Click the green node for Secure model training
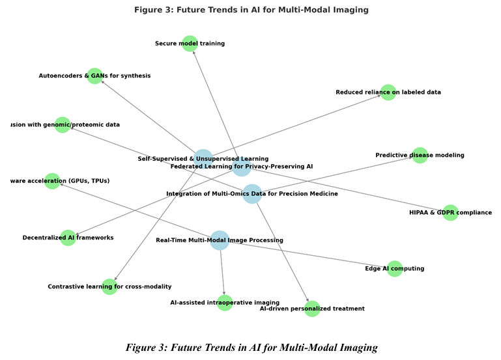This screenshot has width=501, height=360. [190, 44]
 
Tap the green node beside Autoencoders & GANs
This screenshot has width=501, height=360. [95, 76]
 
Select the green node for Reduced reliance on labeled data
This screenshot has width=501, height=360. [388, 92]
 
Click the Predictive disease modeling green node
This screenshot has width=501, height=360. [420, 156]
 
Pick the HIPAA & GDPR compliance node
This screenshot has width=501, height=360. [451, 213]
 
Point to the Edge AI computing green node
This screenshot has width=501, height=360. [395, 269]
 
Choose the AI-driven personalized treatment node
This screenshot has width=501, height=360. [312, 309]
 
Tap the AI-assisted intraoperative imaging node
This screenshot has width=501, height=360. [225, 303]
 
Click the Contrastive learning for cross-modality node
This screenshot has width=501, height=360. [109, 287]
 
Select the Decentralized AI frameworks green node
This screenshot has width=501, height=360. [68, 238]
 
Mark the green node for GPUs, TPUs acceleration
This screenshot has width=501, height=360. [52, 181]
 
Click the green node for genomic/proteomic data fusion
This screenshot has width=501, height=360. [63, 125]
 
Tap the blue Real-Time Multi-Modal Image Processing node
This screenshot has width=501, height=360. [220, 240]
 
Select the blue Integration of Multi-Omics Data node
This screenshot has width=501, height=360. [252, 194]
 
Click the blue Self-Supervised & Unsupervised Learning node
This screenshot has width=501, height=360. [203, 159]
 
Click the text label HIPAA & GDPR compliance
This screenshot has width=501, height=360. [450, 213]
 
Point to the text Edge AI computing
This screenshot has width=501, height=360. [394, 269]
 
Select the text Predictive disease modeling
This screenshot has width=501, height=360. [420, 156]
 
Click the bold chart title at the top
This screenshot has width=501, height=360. [251, 10]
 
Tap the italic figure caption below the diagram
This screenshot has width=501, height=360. [251, 348]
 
